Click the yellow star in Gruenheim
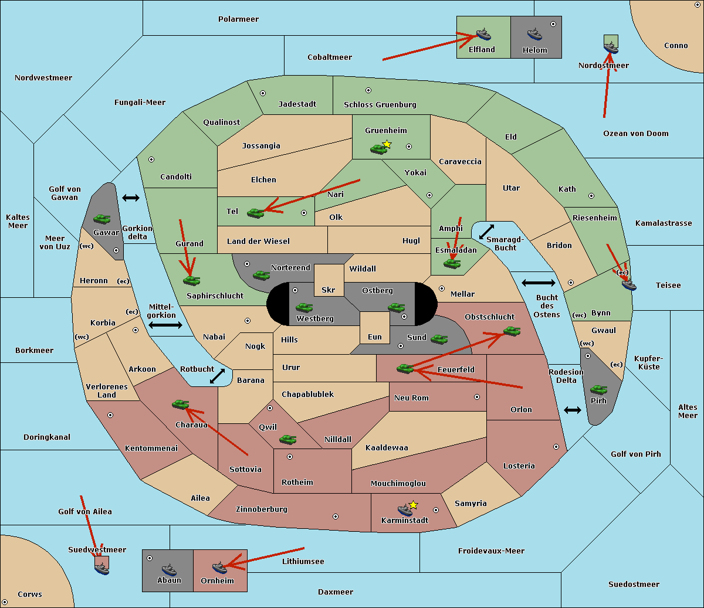387,144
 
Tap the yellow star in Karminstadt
414,505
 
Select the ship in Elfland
483,34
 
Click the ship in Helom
534,34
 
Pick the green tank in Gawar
102,219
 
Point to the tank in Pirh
599,390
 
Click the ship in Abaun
169,569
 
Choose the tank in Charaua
181,404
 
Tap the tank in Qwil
287,439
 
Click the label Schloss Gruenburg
380,105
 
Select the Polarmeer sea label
238,19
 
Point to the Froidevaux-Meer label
491,551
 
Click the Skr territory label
329,290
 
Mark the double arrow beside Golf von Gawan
131,198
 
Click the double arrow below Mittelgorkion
165,325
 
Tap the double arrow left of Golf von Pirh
573,410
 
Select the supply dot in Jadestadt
263,93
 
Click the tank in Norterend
262,275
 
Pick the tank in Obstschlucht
512,331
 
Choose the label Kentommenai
151,449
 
